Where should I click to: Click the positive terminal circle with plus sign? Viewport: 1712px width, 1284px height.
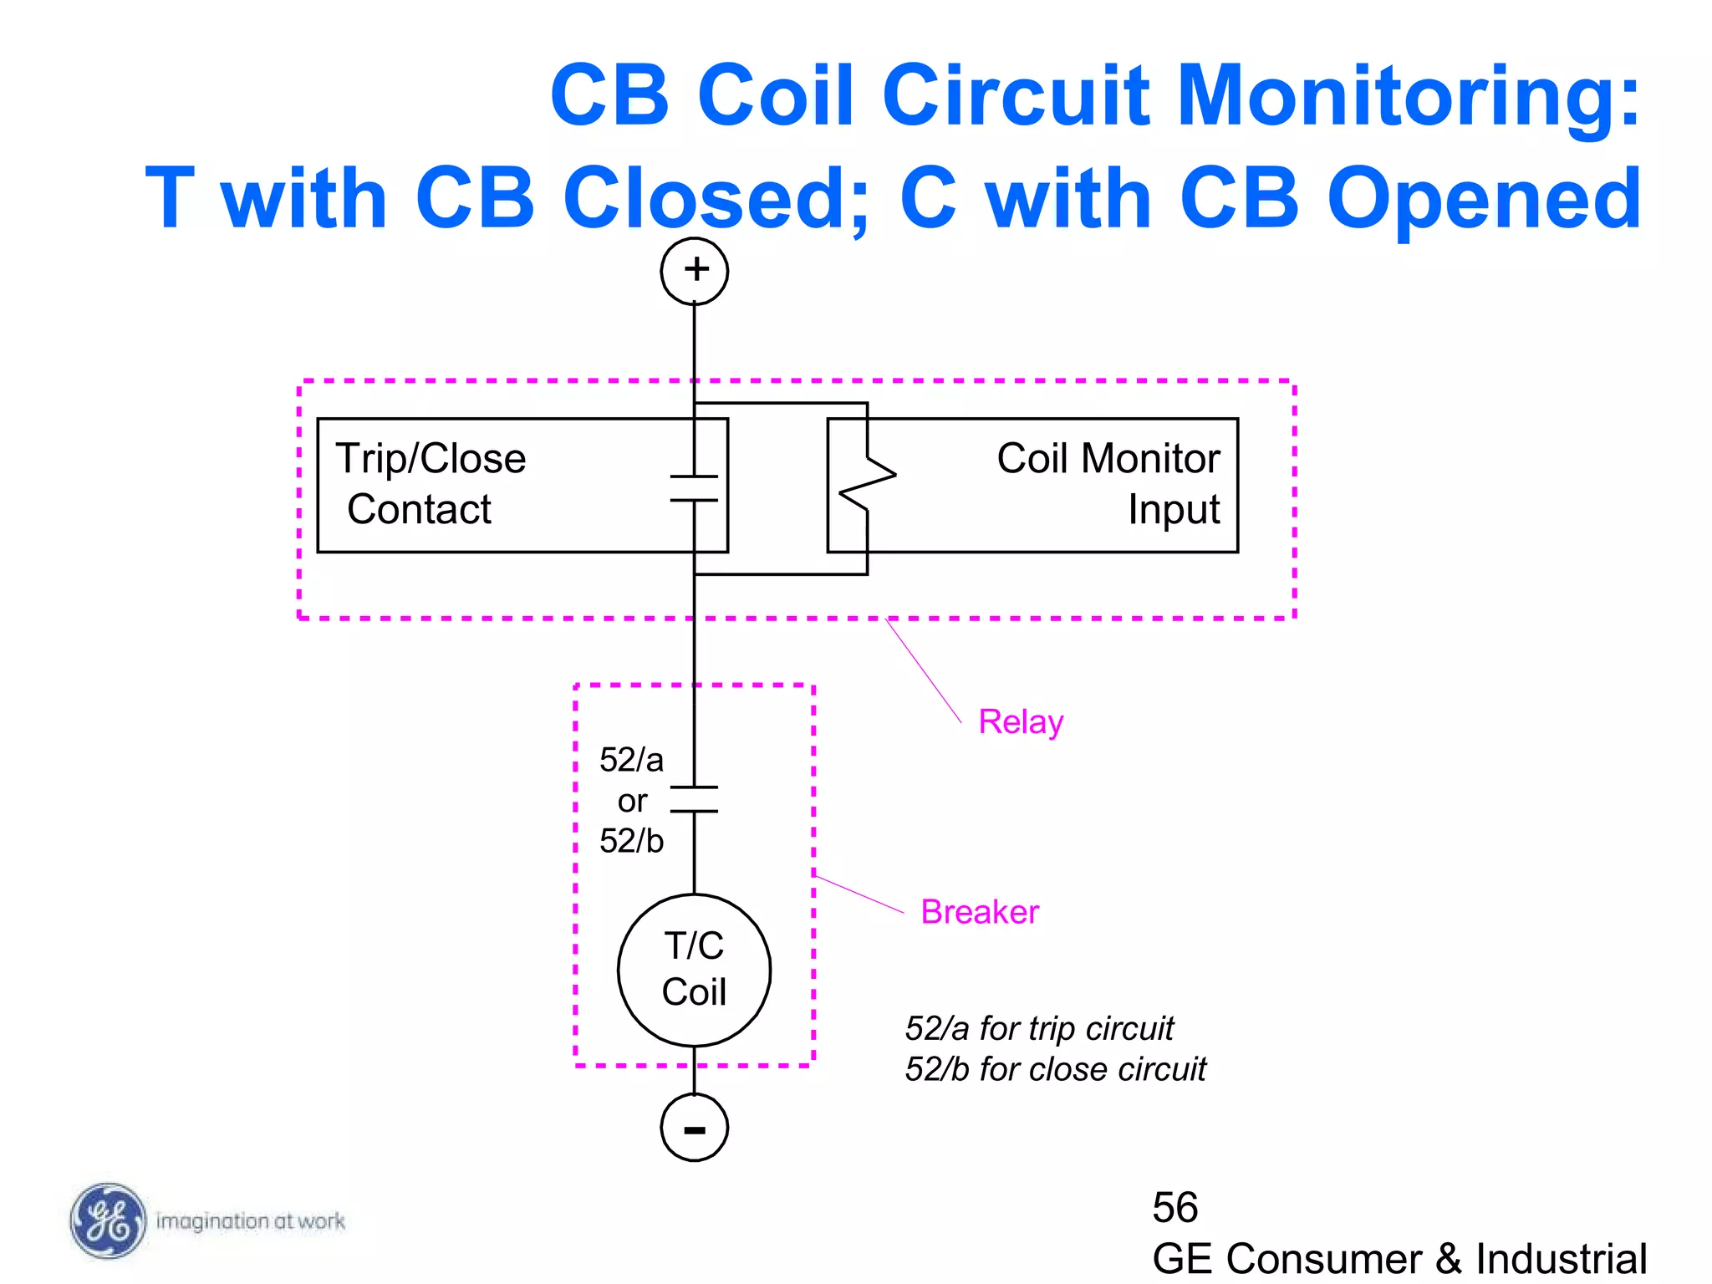694,271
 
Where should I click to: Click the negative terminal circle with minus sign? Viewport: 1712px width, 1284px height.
694,1127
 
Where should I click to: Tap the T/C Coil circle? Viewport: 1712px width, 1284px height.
694,970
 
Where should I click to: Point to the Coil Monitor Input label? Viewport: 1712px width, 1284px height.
1108,484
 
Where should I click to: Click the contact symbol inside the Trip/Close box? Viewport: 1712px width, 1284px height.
694,488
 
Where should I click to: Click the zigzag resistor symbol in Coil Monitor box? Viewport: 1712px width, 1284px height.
868,483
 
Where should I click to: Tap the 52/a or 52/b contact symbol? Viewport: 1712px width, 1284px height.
694,799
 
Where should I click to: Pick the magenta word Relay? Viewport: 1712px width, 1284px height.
1021,722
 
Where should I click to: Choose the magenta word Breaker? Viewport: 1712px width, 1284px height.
980,912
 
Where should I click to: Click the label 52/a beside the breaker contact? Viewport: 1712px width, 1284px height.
631,760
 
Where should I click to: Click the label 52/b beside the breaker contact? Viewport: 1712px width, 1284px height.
631,841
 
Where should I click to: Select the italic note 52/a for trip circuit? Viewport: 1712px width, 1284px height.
1039,1029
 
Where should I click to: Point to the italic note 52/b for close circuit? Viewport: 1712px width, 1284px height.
1055,1070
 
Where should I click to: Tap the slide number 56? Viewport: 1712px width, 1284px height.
1174,1208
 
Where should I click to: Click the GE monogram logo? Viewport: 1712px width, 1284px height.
108,1221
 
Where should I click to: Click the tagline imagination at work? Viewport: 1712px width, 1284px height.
250,1221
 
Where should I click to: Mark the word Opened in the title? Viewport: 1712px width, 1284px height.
1484,198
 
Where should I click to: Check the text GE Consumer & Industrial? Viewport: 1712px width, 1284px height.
1399,1259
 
